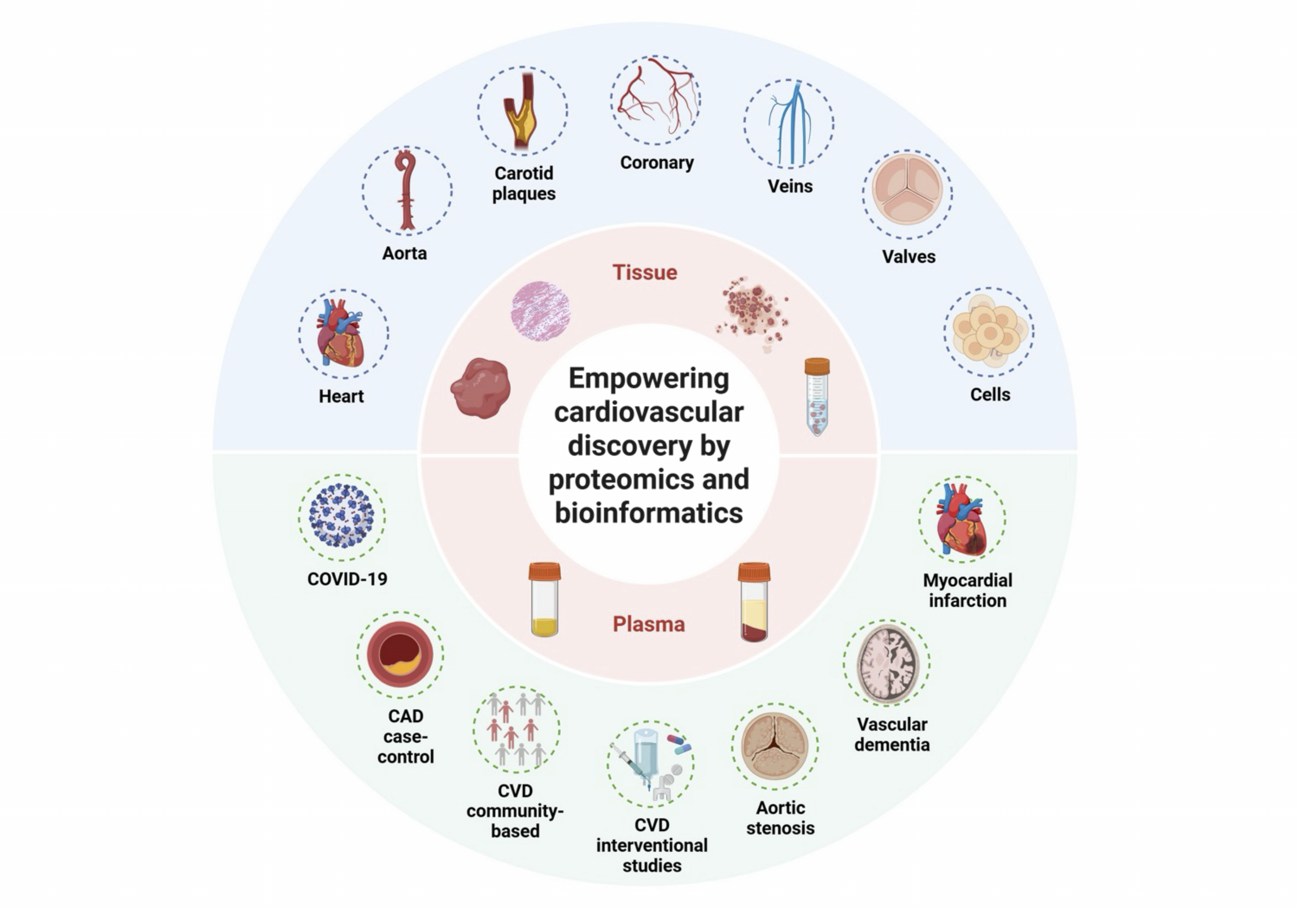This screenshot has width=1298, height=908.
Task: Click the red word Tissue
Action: pos(645,272)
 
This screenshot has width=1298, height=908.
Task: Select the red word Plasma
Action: pos(649,624)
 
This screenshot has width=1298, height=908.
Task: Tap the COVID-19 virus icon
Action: pos(341,516)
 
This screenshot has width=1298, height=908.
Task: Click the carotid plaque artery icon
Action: pos(522,111)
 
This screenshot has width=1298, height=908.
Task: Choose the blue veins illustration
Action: pos(789,123)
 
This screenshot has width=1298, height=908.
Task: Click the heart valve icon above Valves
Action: pos(908,190)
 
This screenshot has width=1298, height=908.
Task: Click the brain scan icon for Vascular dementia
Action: pos(886,662)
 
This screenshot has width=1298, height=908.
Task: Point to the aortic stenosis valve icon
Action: pos(775,745)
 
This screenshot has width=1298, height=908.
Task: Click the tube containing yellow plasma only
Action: pos(545,599)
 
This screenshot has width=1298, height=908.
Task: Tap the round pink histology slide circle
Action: pos(540,311)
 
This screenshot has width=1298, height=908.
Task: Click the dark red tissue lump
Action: pos(481,388)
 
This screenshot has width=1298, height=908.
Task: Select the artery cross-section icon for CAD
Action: pos(400,654)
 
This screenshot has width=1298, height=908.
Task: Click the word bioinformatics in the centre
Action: pos(649,512)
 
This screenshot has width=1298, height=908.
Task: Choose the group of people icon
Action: pos(516,729)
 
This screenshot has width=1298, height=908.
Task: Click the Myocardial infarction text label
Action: pos(967,590)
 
